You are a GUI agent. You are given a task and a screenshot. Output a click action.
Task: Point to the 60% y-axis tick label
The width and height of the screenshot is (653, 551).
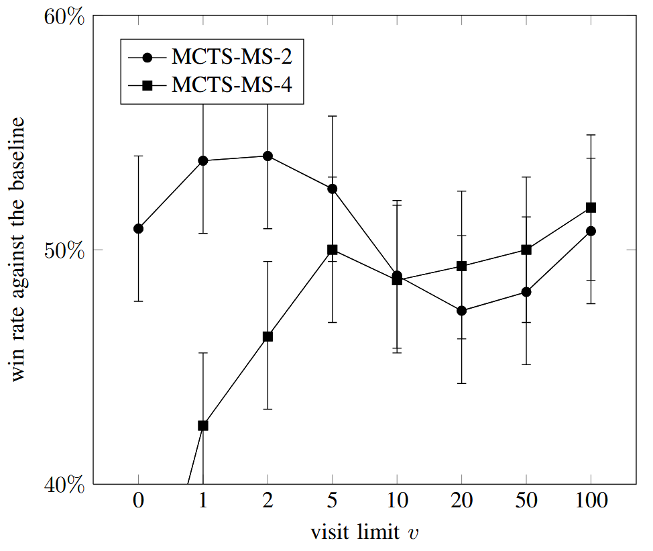[x=64, y=17]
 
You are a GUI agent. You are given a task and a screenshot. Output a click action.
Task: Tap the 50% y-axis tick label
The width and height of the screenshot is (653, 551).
[x=64, y=250]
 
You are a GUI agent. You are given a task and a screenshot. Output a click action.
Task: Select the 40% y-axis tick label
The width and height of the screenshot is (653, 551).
[x=64, y=484]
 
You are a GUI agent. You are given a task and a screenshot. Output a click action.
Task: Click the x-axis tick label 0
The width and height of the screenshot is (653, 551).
[x=138, y=501]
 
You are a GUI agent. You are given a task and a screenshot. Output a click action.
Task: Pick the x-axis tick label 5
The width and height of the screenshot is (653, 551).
[x=332, y=501]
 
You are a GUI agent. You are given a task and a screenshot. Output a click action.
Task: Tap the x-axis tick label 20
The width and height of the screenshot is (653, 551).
[x=461, y=501]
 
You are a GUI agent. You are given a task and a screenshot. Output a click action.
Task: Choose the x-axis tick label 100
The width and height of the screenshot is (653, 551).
[x=591, y=501]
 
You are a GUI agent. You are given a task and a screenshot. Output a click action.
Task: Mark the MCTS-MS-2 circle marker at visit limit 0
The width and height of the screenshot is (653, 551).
[x=138, y=228]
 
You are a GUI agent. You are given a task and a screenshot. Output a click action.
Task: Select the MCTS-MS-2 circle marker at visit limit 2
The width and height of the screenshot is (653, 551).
[x=268, y=156]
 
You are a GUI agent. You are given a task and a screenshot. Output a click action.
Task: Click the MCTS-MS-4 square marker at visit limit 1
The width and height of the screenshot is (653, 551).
[x=203, y=425]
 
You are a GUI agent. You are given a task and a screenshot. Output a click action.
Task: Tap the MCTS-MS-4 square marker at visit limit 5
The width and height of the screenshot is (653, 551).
[x=332, y=250]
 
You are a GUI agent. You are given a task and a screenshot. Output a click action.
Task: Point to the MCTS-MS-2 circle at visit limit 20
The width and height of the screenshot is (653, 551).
[x=461, y=311]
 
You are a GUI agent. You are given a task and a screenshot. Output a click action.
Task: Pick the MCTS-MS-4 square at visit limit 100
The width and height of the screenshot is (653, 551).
[x=591, y=207]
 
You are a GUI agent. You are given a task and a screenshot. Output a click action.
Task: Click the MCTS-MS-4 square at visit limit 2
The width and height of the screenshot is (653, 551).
[x=268, y=336]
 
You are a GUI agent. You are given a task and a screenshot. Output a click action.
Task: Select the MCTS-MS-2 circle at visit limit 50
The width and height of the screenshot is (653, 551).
[x=526, y=292]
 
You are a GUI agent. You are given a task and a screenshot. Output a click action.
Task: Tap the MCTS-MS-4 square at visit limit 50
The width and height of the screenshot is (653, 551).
[x=526, y=250]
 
